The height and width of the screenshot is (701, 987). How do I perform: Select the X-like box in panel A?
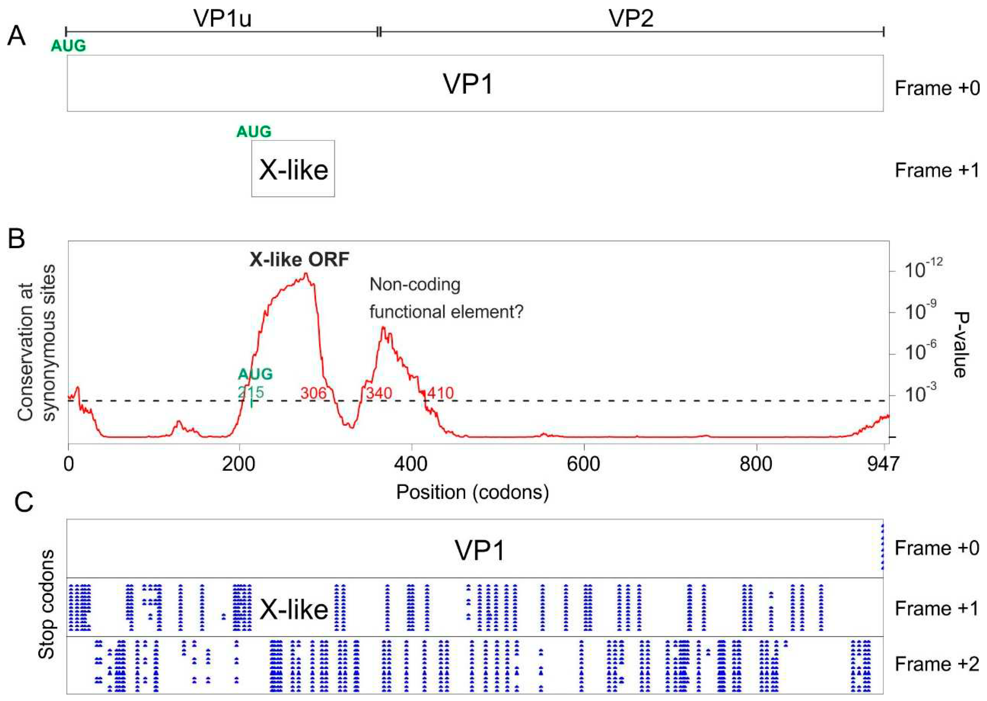click(x=293, y=169)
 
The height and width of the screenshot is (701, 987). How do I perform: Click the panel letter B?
click(x=16, y=239)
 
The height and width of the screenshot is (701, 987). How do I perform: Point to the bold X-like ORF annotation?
click(x=299, y=260)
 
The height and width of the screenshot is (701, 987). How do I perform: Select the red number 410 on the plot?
click(x=440, y=393)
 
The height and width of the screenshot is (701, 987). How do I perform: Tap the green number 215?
click(x=251, y=392)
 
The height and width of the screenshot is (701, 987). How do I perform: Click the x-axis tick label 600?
click(x=584, y=464)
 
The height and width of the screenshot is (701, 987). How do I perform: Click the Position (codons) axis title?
click(x=472, y=492)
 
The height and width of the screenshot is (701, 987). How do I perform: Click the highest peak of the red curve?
click(x=306, y=273)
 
